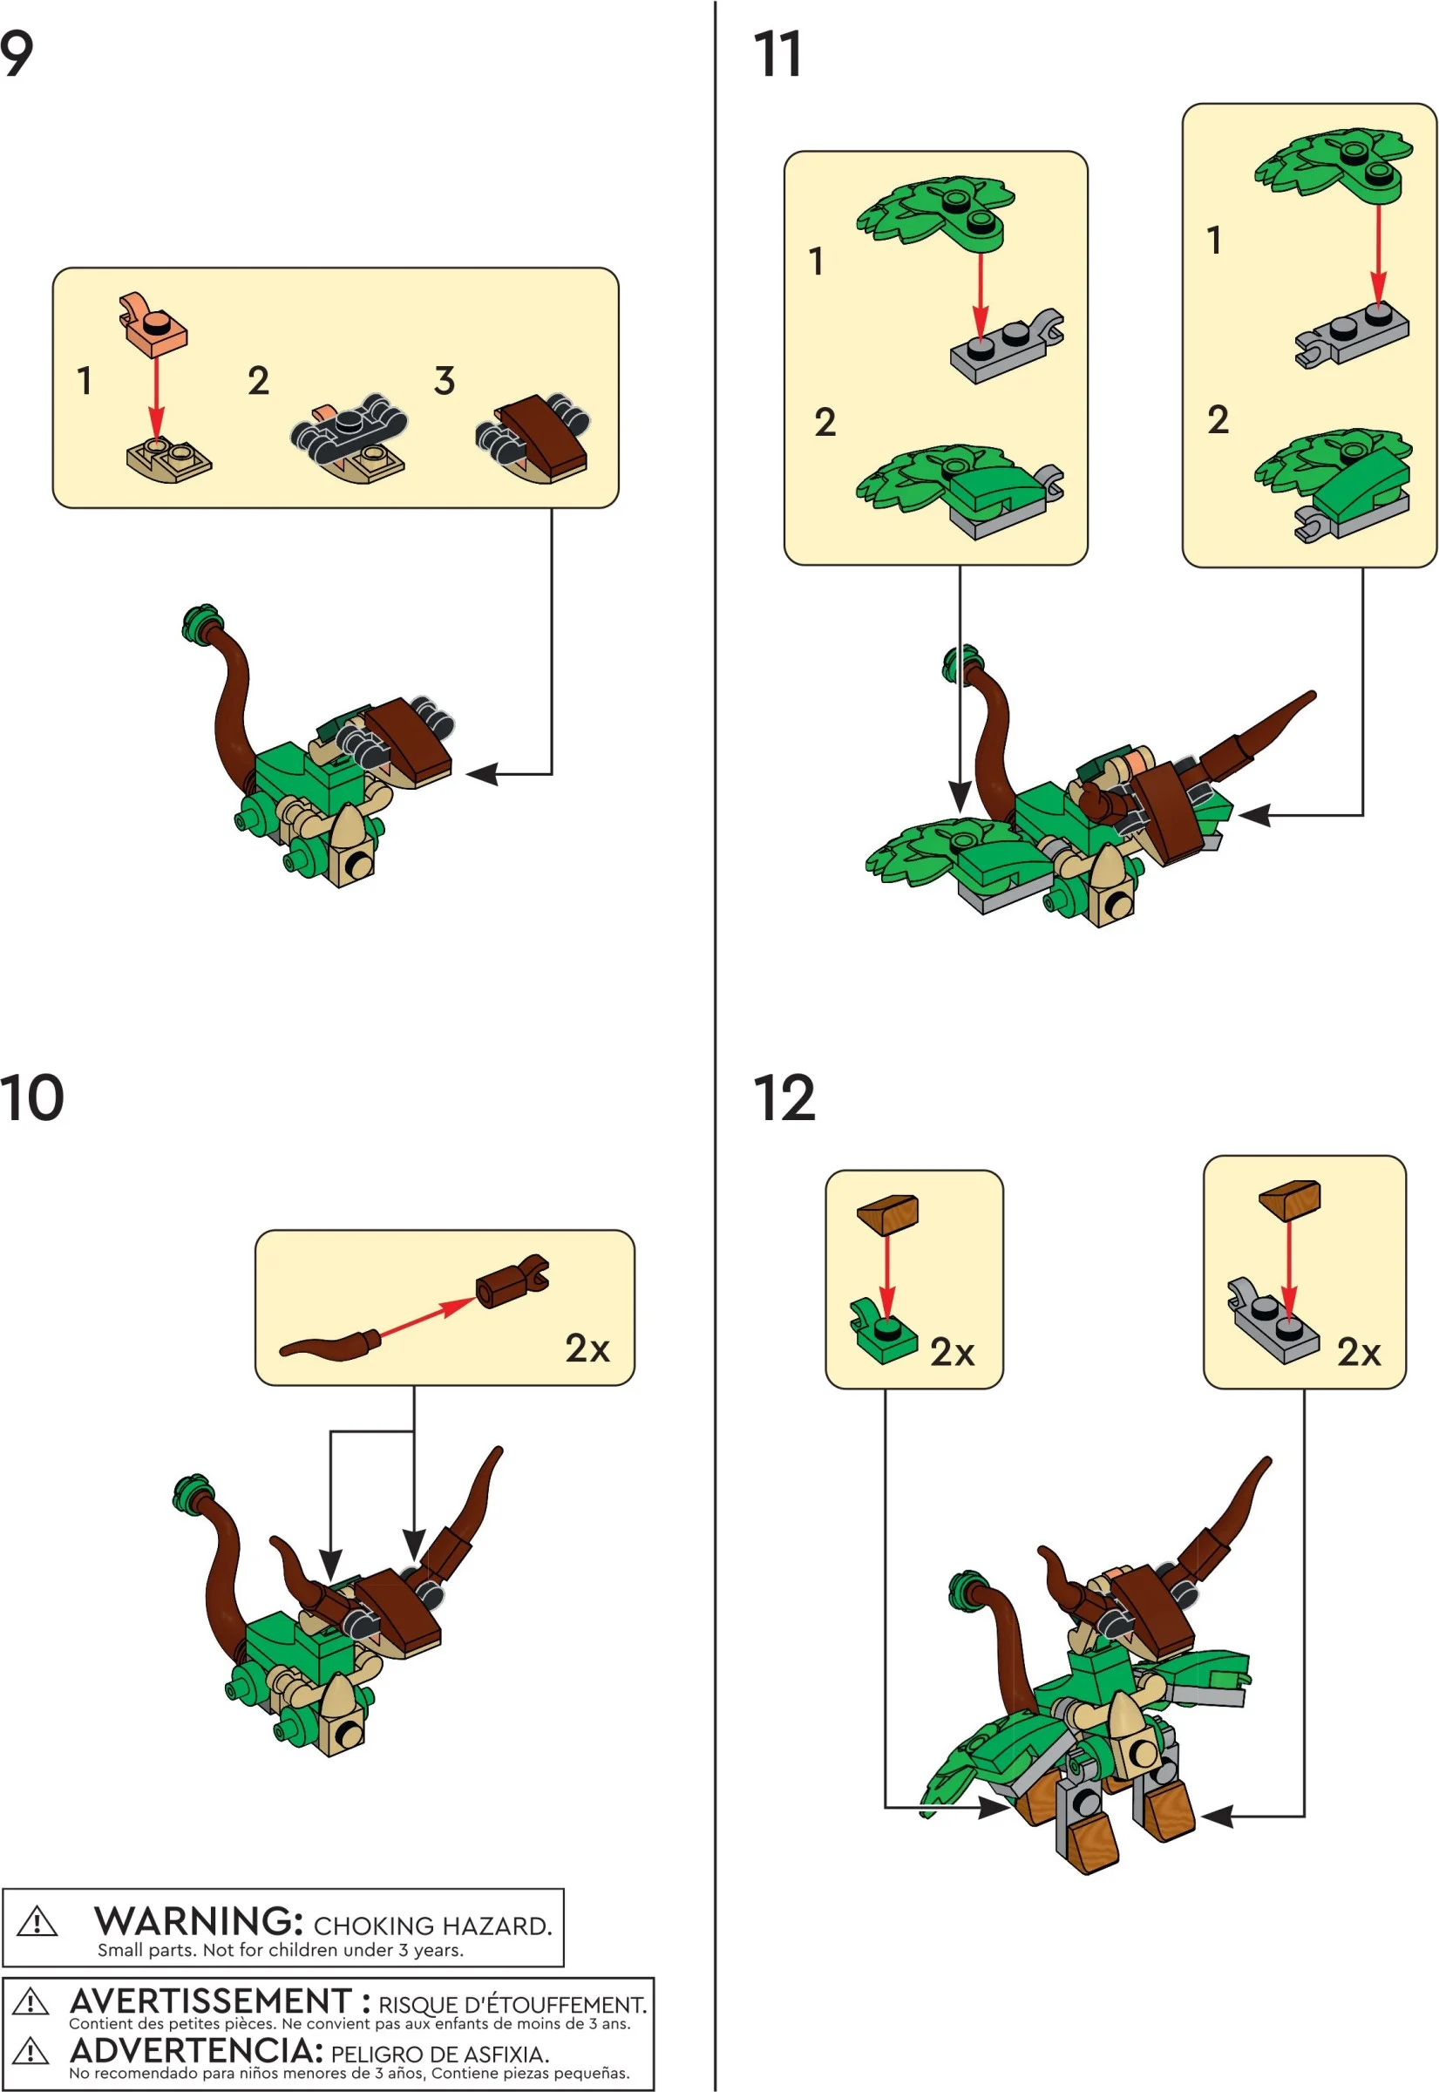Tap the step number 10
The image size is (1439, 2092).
(x=31, y=1097)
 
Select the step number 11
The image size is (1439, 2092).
(x=777, y=55)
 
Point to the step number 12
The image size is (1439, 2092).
(x=783, y=1097)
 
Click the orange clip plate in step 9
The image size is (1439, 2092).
(x=154, y=322)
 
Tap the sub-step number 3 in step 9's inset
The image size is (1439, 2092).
(x=444, y=381)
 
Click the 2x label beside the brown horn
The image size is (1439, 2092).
(x=587, y=1348)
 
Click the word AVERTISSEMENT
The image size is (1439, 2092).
(x=211, y=2000)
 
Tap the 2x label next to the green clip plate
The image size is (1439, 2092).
(x=952, y=1352)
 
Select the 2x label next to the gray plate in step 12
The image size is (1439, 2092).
(x=1358, y=1352)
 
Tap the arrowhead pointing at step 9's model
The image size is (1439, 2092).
(x=481, y=774)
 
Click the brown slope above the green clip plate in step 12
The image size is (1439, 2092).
(x=888, y=1213)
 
